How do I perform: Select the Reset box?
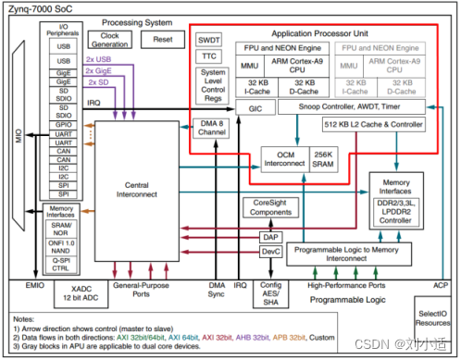tap(162, 40)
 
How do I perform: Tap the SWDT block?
tap(208, 40)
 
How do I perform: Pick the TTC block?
tap(208, 56)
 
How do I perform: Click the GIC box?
tap(229, 107)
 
